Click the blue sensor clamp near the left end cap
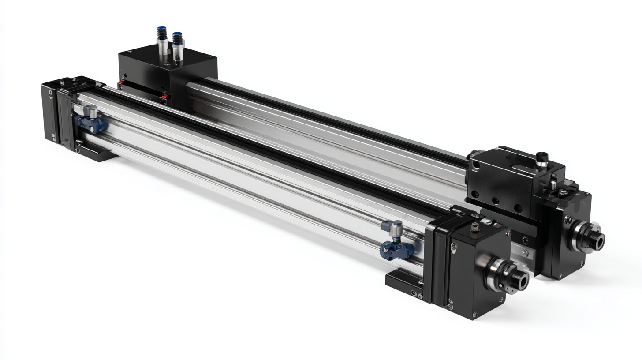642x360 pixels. click(93, 123)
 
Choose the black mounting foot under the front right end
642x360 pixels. click(403, 282)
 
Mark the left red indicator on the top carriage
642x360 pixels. click(120, 82)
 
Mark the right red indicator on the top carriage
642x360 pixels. click(164, 97)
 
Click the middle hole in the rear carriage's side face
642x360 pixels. click(495, 200)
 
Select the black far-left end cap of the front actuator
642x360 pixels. click(50, 110)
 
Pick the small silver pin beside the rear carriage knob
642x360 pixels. click(553, 181)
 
